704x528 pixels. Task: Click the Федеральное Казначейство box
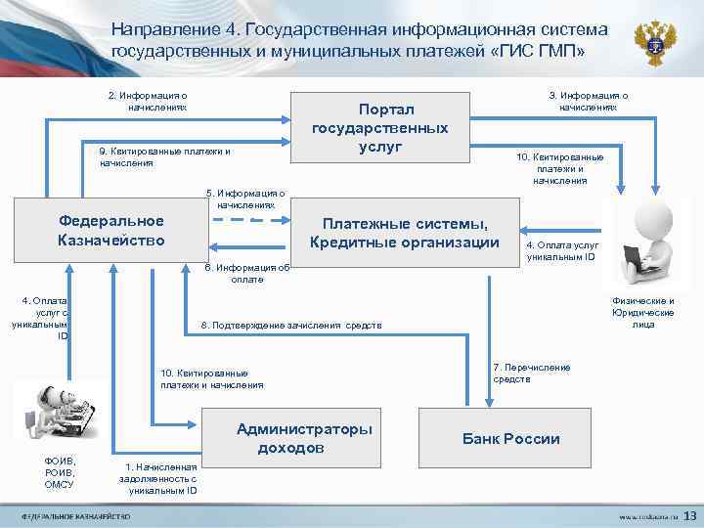point(110,231)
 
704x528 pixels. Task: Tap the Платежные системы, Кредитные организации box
point(405,233)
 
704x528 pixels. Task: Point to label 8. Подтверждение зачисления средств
point(291,325)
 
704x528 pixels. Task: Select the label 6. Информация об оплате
point(246,273)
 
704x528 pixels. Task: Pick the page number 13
point(688,514)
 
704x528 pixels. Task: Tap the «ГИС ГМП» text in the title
point(537,51)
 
